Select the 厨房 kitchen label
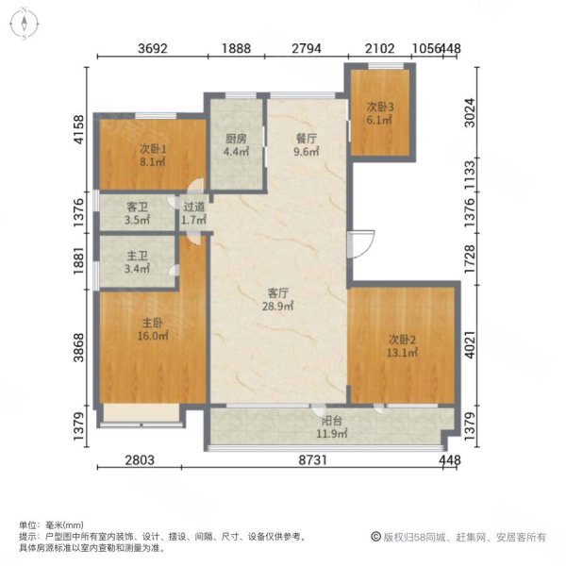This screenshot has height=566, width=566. click(x=235, y=139)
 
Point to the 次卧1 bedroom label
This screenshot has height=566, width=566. click(x=153, y=148)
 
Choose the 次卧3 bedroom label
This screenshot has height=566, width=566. click(x=380, y=107)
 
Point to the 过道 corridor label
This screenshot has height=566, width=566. click(x=194, y=207)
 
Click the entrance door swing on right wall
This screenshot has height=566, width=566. click(x=359, y=245)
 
